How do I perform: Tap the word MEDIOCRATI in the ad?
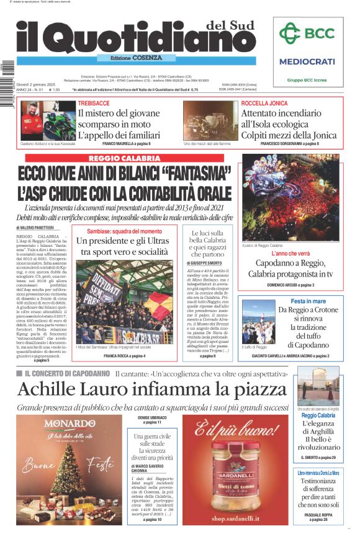point(307,61)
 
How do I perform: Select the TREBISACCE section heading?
point(94,102)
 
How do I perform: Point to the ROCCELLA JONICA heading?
point(264,102)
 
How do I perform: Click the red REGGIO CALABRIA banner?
point(124,159)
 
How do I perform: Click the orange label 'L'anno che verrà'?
point(290,254)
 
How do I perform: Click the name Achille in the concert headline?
point(48,389)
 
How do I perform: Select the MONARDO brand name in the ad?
point(70,424)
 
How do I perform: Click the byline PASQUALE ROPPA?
point(318,515)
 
